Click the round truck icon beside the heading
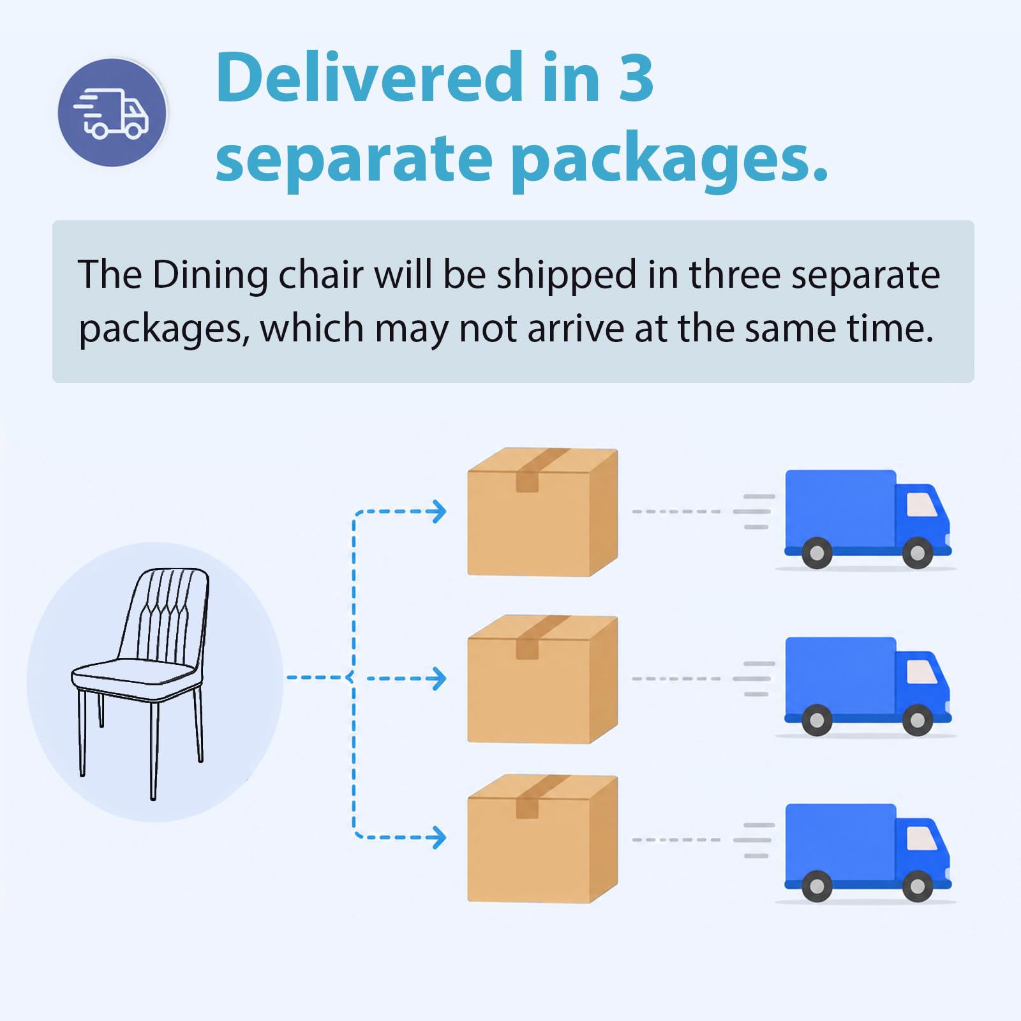[112, 112]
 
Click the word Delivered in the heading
[369, 77]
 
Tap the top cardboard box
[542, 512]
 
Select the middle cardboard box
[542, 679]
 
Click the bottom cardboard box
[542, 838]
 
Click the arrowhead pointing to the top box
[439, 511]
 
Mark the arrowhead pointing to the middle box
[439, 678]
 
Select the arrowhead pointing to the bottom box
[439, 837]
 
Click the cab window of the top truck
[921, 504]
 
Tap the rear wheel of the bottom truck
[817, 886]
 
